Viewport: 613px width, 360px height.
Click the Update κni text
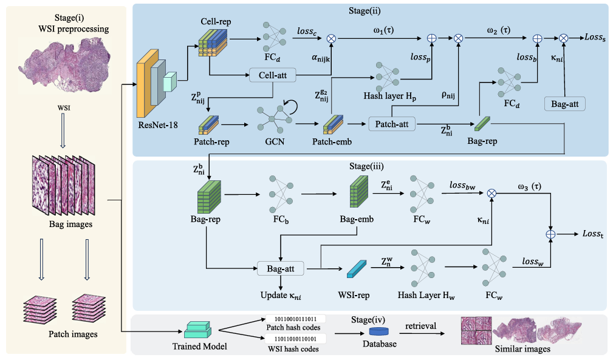tap(281, 295)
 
